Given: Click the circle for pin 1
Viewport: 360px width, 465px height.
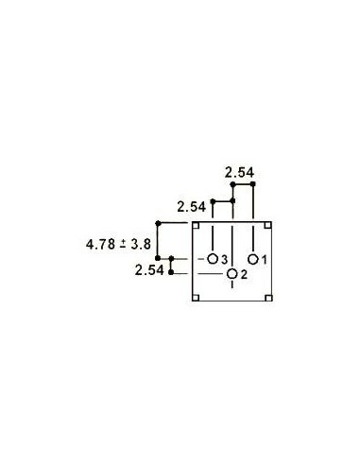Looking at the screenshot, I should [x=253, y=258].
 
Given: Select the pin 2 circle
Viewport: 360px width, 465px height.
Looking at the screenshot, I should [x=232, y=274].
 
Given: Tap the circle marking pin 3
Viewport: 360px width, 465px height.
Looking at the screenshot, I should [x=213, y=258].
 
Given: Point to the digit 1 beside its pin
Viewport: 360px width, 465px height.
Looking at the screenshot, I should [x=265, y=259].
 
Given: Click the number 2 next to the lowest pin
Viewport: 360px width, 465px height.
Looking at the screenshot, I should [x=244, y=275].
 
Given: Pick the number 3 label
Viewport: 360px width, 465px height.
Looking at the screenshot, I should [x=224, y=259].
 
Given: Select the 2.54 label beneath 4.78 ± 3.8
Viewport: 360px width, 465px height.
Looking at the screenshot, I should [x=149, y=269].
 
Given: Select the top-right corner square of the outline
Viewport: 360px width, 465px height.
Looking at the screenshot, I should [x=268, y=225].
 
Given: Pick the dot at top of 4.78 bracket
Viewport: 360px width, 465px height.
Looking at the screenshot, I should [x=157, y=224].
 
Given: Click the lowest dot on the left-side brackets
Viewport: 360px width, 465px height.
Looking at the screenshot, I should [x=171, y=274].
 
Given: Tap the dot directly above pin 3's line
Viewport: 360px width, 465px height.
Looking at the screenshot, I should [x=214, y=201].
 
